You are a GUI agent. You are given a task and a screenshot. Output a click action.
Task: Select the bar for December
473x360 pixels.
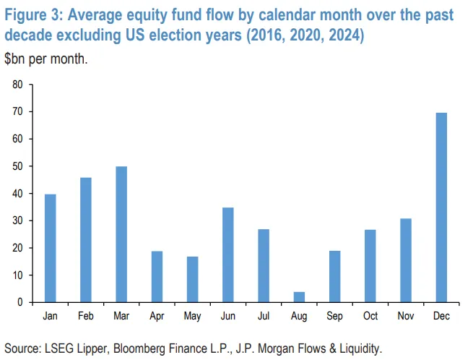click(x=441, y=207)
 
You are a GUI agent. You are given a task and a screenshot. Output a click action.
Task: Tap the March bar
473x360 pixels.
click(x=121, y=234)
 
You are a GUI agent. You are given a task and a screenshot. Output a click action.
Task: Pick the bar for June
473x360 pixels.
click(x=227, y=254)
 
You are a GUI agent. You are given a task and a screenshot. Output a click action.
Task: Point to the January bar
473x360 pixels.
click(x=51, y=248)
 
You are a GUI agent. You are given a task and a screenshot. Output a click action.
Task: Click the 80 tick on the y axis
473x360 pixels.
click(x=18, y=85)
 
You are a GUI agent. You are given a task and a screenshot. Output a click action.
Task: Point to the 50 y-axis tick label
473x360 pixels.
click(x=18, y=166)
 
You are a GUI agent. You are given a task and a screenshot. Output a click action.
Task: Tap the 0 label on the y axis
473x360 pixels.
click(x=21, y=302)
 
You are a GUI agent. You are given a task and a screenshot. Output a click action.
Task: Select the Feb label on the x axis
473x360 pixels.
click(x=85, y=315)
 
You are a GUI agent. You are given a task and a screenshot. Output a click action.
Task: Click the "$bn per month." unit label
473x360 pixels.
click(x=46, y=59)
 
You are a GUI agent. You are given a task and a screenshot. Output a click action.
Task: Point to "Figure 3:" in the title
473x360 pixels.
click(x=34, y=15)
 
